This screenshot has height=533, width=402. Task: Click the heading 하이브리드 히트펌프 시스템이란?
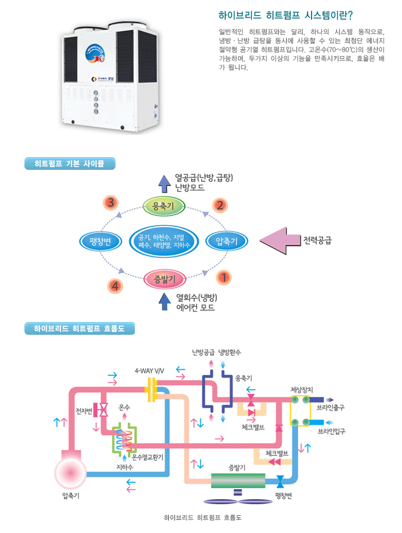pyautogui.click(x=286, y=15)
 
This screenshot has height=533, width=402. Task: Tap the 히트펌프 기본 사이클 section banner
pyautogui.click(x=69, y=163)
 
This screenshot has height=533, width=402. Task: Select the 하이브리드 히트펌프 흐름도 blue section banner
pyautogui.click(x=80, y=329)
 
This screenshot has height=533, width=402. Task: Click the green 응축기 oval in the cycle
pyautogui.click(x=160, y=207)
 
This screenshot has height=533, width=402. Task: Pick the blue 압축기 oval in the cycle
pyautogui.click(x=226, y=241)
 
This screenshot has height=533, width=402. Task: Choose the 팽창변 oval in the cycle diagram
pyautogui.click(x=100, y=241)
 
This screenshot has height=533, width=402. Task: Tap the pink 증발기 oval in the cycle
pyautogui.click(x=160, y=278)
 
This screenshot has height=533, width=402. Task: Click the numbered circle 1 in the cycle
pyautogui.click(x=224, y=276)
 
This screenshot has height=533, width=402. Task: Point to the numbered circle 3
pyautogui.click(x=111, y=203)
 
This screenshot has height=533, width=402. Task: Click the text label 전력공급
pyautogui.click(x=318, y=241)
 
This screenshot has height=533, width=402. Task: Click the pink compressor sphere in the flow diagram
pyautogui.click(x=71, y=473)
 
